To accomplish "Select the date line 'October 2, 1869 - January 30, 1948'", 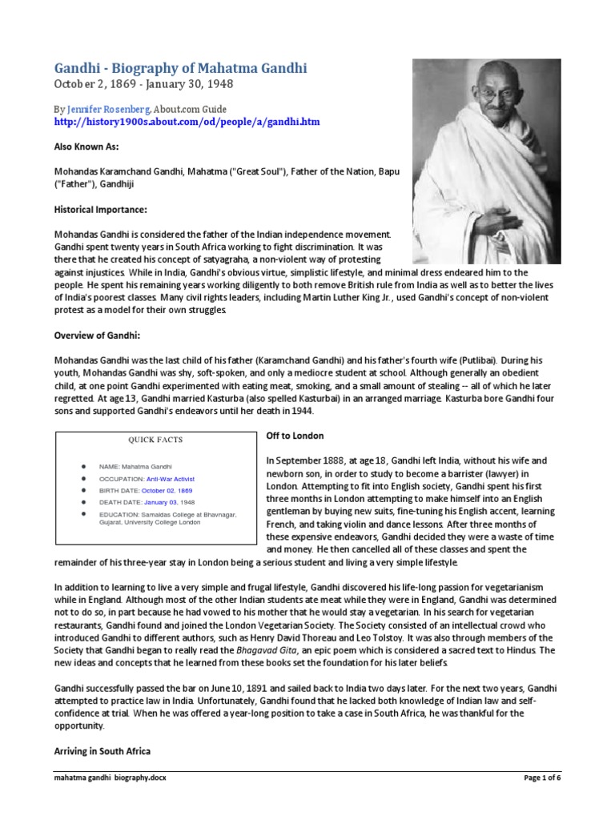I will coord(143,84).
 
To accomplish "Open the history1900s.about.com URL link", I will coord(187,122).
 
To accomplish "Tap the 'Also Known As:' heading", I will coord(86,147).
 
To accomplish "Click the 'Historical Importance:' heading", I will coord(101,209).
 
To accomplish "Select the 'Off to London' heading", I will coord(294,436).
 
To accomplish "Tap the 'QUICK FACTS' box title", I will coord(155,440).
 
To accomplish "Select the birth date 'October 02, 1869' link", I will coord(168,490).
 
